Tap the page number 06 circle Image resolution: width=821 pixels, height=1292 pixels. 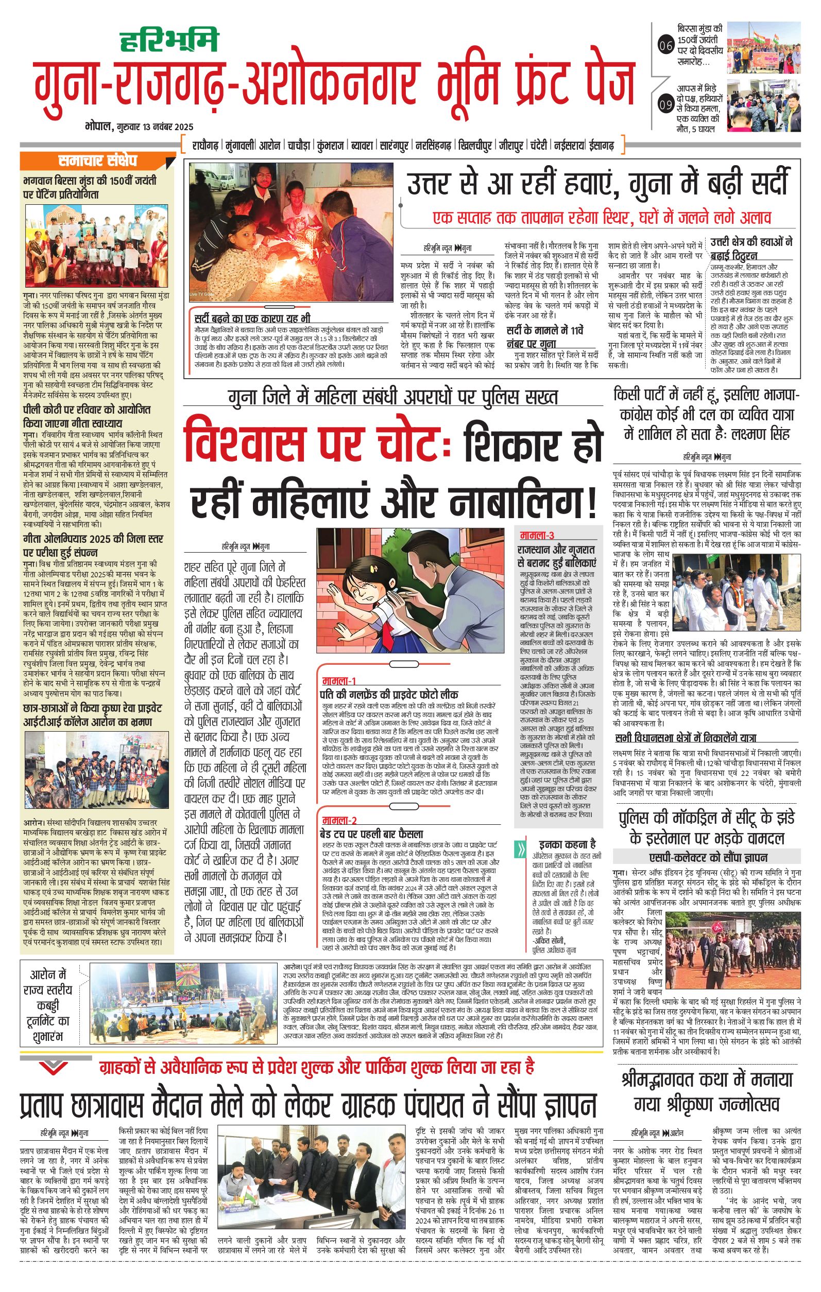coord(665,46)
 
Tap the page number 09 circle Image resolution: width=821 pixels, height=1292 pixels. coord(665,105)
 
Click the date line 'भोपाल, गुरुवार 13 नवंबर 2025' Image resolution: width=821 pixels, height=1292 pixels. coord(139,127)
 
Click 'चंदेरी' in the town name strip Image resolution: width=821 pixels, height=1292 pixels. coord(539,146)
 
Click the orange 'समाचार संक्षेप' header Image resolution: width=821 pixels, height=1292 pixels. coord(98,161)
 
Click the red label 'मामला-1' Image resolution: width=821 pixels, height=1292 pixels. coord(339,681)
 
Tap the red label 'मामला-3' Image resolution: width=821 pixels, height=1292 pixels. coord(537,536)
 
